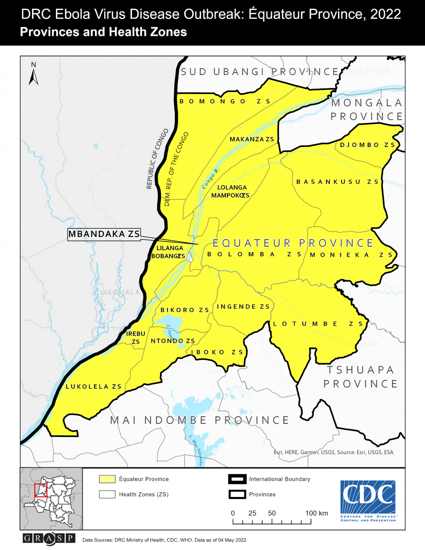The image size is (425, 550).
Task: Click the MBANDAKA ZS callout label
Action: coord(104,234)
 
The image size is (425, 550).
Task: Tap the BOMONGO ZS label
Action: coord(225,101)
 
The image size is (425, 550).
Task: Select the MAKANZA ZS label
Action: coord(252,139)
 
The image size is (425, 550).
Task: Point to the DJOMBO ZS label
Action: coord(368,145)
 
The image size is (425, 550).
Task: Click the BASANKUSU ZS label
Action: coord(337,182)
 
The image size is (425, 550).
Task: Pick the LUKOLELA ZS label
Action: coord(94,387)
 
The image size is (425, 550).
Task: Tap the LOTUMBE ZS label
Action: coord(318,324)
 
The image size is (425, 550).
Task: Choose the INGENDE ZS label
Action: coord(243,307)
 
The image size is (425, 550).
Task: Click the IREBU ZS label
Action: coord(136,337)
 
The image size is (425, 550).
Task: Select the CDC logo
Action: coord(368,501)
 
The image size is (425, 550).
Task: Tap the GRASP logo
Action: coord(49,538)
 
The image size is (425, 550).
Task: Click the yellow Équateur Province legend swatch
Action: coord(107,479)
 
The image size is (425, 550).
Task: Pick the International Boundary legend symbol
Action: coord(237,479)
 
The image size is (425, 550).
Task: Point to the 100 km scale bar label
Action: coord(316,513)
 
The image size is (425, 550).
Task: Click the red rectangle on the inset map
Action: coord(41,490)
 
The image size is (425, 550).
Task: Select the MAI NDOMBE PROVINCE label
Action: coord(200,420)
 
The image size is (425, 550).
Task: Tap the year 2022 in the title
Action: coord(386,14)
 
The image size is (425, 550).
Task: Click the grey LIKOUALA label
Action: coord(120,292)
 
